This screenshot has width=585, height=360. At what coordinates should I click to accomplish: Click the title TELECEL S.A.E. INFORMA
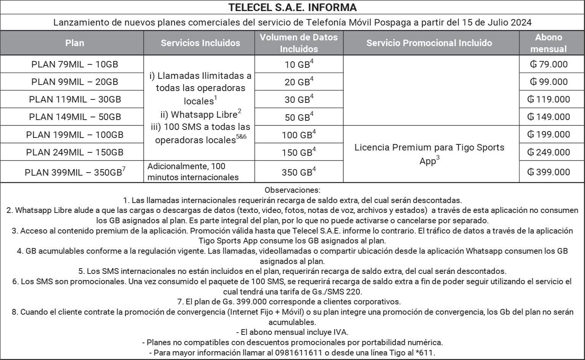click(x=292, y=8)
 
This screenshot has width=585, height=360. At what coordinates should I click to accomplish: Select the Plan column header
click(x=75, y=43)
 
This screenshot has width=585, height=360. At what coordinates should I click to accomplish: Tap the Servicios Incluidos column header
click(x=200, y=43)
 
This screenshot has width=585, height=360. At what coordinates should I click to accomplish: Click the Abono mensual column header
click(x=548, y=43)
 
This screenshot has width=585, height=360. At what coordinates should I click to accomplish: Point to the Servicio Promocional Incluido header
click(x=429, y=43)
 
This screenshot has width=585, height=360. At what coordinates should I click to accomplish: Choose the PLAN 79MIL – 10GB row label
click(x=75, y=64)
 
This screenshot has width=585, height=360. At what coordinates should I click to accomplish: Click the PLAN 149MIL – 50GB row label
click(x=75, y=117)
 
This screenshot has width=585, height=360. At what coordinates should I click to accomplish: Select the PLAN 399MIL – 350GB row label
click(x=75, y=172)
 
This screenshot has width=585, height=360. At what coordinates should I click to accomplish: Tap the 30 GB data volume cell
click(x=299, y=99)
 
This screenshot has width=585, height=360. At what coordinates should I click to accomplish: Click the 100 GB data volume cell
click(x=299, y=135)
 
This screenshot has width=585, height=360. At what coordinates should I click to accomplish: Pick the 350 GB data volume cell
click(x=299, y=172)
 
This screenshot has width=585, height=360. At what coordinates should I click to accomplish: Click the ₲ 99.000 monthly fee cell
click(x=548, y=82)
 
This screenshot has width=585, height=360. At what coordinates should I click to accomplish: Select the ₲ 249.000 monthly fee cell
click(x=548, y=152)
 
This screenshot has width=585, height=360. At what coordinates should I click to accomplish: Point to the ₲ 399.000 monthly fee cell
click(x=548, y=172)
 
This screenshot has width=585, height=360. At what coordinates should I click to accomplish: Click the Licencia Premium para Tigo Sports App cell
click(x=429, y=154)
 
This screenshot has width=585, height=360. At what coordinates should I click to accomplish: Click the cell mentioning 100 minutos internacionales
click(x=193, y=172)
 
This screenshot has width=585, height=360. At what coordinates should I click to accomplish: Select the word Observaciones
click(x=292, y=190)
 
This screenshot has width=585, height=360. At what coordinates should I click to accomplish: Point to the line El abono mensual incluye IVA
click(x=292, y=332)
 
